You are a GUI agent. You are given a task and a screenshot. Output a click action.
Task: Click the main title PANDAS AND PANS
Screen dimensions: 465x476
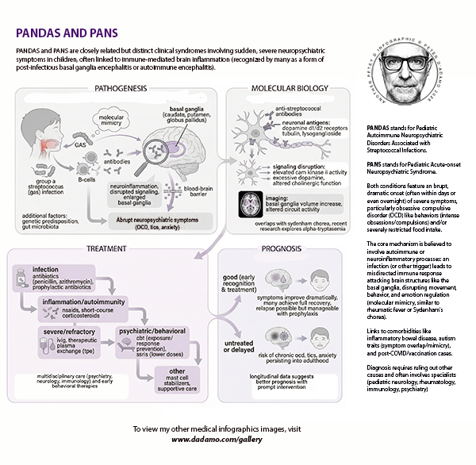point(67,33)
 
